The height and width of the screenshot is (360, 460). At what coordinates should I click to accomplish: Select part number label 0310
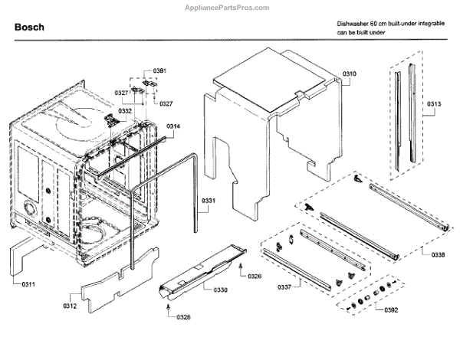point(350,73)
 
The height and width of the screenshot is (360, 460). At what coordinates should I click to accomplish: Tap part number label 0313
point(434,103)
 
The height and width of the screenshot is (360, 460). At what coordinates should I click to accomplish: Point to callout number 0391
point(159,70)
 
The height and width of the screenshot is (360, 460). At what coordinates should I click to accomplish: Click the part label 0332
point(124,111)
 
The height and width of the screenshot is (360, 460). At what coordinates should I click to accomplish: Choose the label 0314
point(173,126)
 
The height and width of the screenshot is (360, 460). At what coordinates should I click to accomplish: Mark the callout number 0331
point(209,201)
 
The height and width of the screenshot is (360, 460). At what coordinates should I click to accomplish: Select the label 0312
point(69,306)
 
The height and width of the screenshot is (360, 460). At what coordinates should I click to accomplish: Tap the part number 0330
point(220,290)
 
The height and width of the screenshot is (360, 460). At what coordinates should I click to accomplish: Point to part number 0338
point(438,254)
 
